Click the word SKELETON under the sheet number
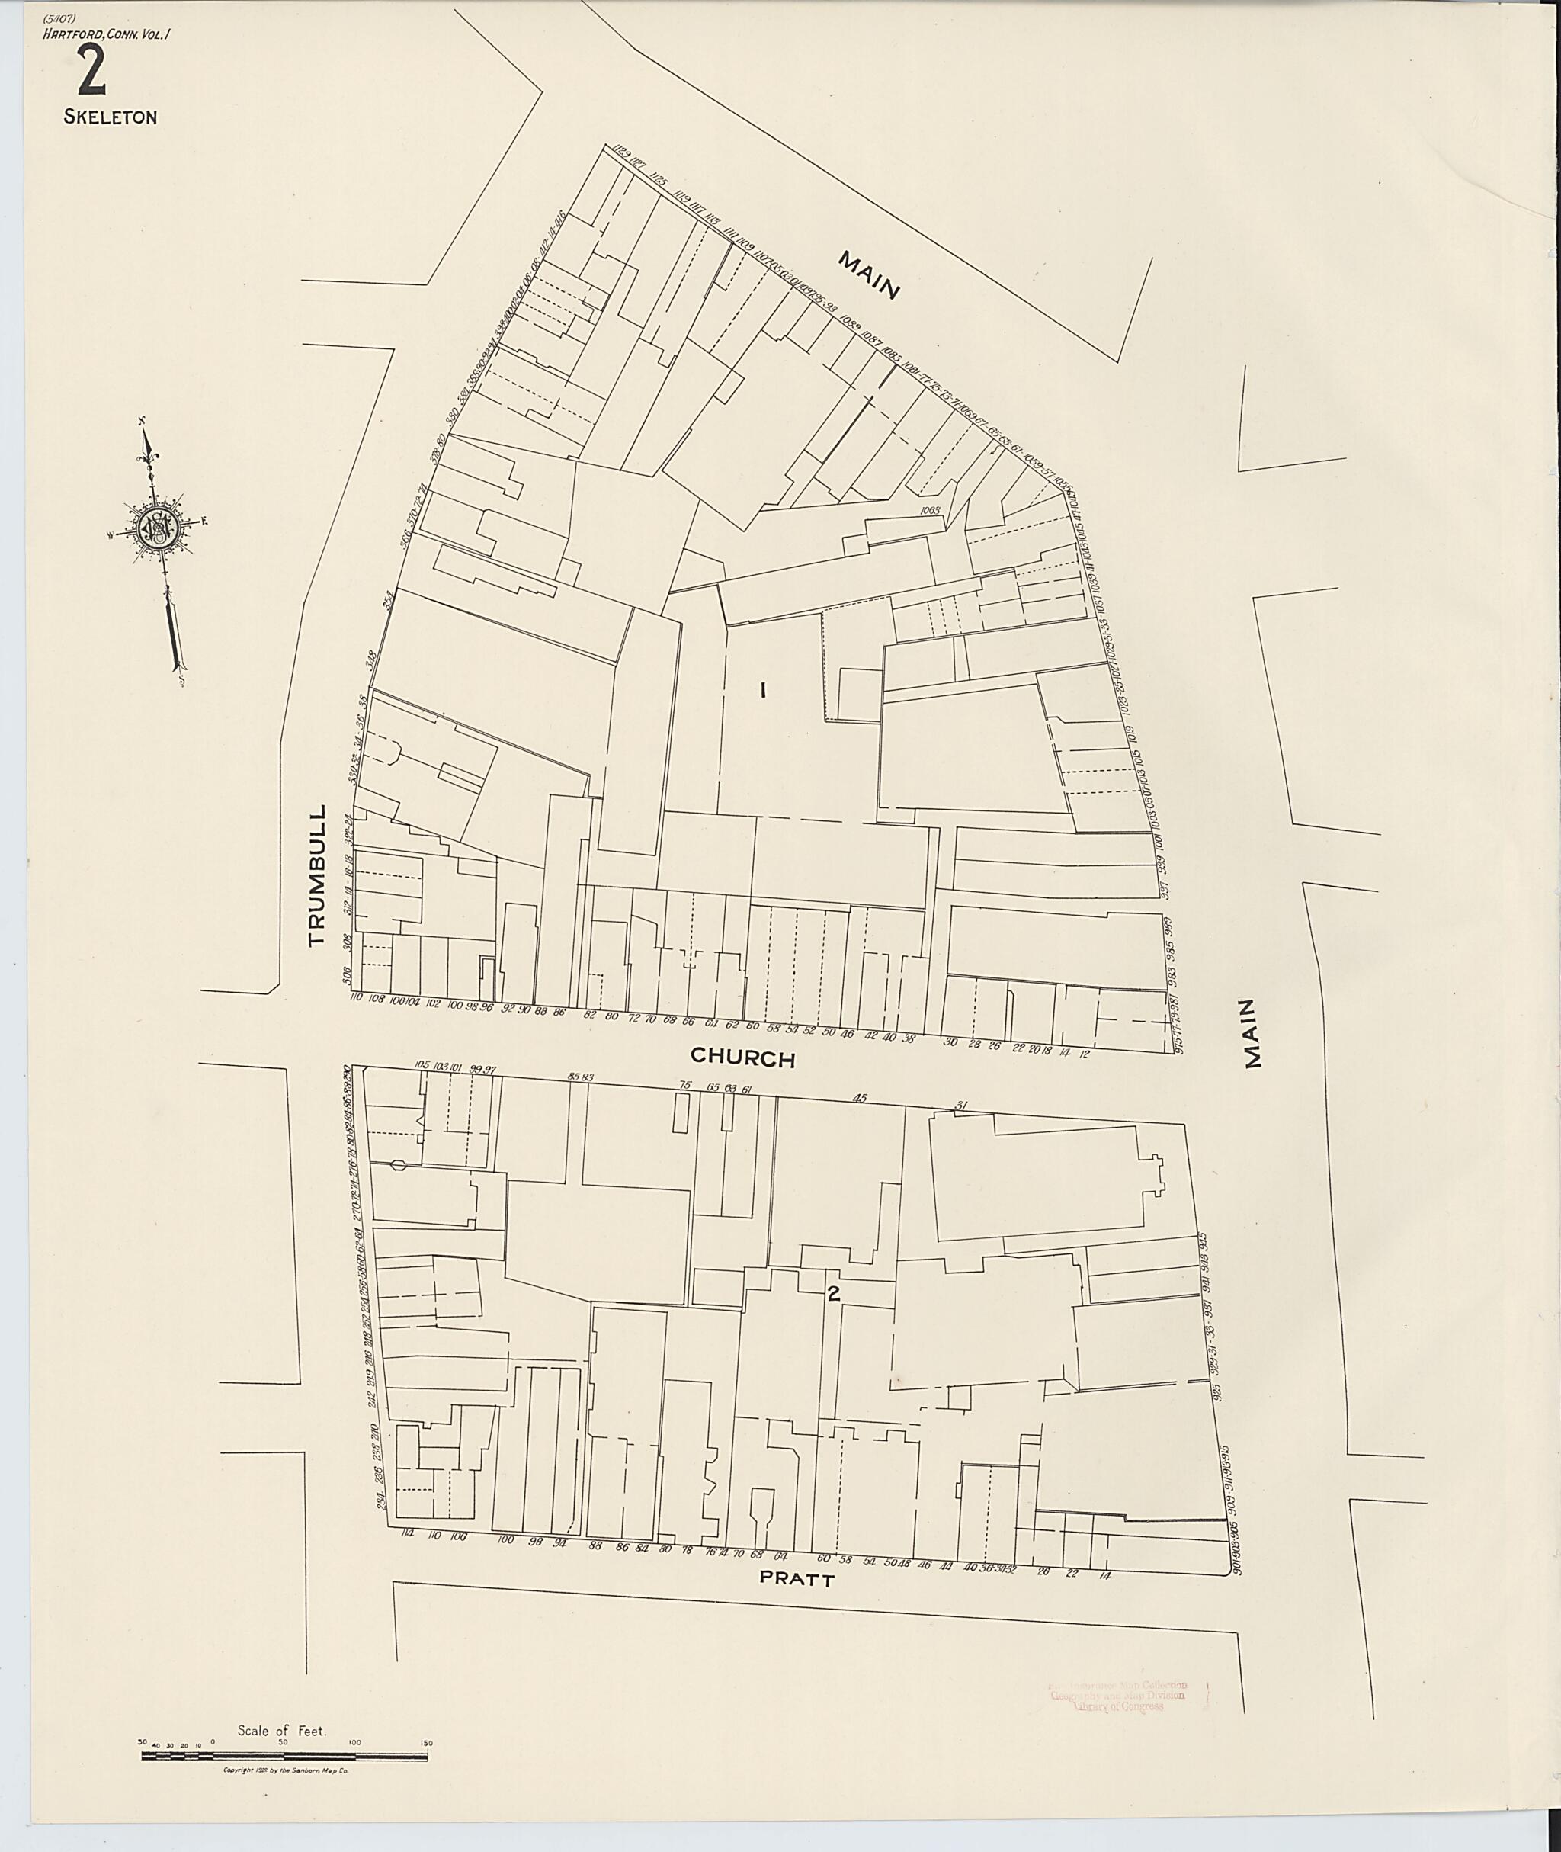point(110,117)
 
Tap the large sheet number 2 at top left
point(92,72)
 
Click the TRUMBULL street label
point(317,875)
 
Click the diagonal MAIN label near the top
point(869,276)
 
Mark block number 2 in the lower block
point(832,1293)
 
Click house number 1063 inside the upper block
point(929,511)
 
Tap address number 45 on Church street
point(858,1099)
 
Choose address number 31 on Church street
point(962,1106)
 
